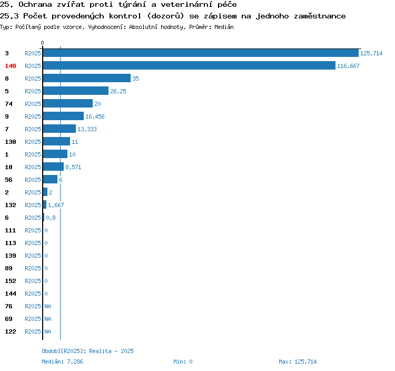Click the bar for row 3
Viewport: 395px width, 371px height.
[201, 53]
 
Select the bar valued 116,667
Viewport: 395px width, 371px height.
[189, 65]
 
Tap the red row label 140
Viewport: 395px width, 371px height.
[11, 66]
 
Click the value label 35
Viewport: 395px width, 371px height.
[135, 79]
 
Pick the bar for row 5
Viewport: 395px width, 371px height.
[75, 91]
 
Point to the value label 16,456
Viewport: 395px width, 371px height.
[95, 116]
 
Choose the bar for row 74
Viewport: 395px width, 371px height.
[68, 103]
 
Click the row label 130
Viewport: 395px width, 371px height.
[11, 142]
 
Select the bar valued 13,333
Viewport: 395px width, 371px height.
[59, 129]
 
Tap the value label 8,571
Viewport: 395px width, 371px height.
[73, 167]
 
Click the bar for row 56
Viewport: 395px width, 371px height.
[50, 179]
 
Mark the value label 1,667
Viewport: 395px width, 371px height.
[56, 205]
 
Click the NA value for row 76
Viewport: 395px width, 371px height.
[47, 306]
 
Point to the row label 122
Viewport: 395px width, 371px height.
[11, 331]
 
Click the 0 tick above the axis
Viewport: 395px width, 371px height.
[42, 43]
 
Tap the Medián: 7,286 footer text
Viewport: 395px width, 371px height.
[62, 362]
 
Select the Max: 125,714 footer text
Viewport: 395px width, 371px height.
[298, 362]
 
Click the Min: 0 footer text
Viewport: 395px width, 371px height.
[183, 362]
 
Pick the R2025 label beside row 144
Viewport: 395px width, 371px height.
[33, 294]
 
